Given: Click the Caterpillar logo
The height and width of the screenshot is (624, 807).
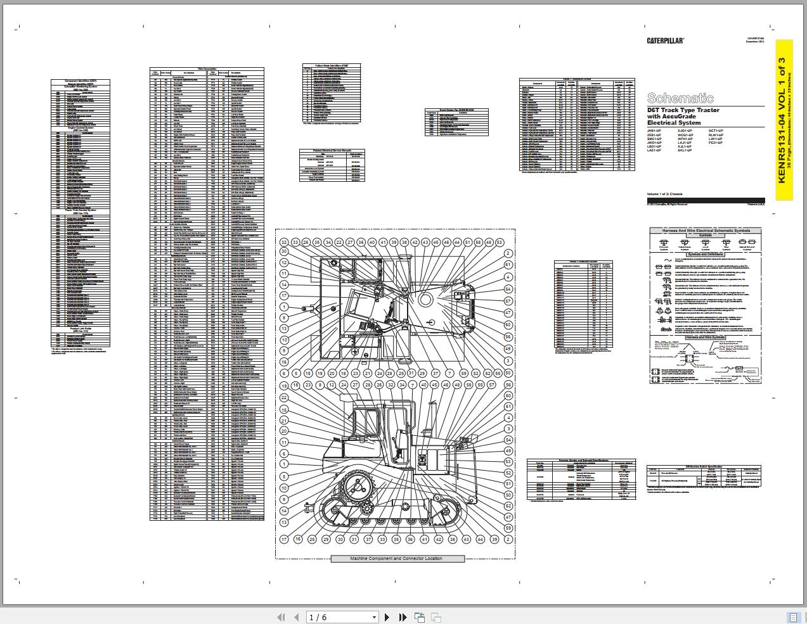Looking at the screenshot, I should click(x=665, y=41).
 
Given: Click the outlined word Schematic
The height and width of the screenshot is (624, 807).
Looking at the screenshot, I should click(x=680, y=98).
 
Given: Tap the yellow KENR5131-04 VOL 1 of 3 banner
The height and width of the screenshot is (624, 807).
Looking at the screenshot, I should click(x=784, y=120).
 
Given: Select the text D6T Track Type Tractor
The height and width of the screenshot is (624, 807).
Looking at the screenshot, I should click(x=683, y=110).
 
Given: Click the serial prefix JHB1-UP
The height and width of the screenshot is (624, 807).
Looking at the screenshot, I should click(x=654, y=131).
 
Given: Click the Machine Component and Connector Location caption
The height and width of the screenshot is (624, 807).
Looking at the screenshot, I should click(x=397, y=559).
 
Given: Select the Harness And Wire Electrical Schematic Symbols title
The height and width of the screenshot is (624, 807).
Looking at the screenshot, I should click(x=706, y=231).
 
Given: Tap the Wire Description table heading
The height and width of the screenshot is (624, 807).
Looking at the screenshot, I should click(x=207, y=69).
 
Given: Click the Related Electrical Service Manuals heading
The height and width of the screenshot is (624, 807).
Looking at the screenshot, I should click(x=333, y=151).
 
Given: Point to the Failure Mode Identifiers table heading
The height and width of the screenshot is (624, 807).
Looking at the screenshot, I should click(x=332, y=65).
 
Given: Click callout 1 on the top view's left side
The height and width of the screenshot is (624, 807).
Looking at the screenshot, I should click(x=284, y=307).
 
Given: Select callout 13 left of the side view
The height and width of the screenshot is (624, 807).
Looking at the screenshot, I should click(x=284, y=523).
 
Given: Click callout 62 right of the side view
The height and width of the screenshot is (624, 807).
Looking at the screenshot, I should click(x=508, y=506).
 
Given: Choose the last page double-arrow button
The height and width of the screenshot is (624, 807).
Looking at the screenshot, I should click(x=403, y=617).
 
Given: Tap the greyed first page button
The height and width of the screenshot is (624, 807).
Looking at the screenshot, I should click(x=281, y=617).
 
